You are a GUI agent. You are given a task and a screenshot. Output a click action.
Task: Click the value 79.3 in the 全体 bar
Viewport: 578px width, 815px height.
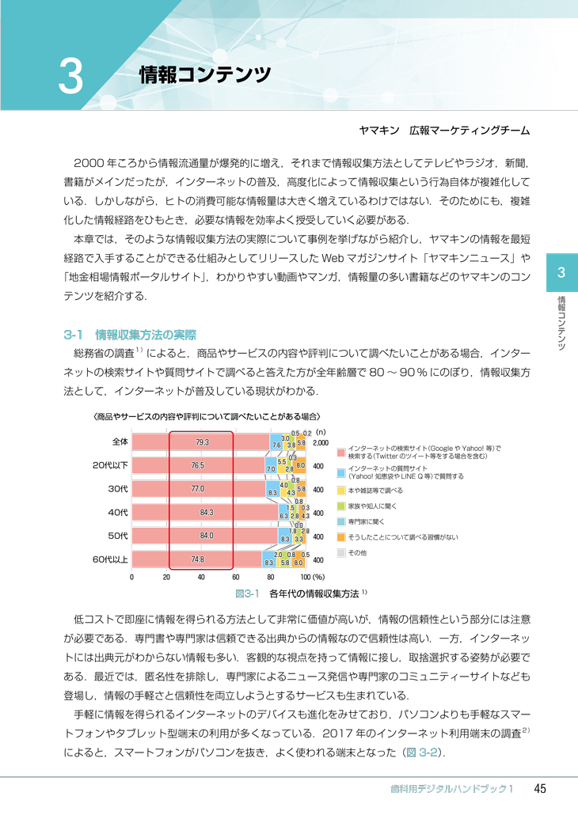click(x=200, y=442)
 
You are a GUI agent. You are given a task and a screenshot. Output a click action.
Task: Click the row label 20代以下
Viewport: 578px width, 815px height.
click(x=110, y=465)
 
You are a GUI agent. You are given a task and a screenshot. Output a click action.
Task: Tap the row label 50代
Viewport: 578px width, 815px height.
click(x=118, y=536)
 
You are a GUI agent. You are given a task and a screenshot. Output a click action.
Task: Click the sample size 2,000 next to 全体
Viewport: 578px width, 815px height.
click(x=321, y=443)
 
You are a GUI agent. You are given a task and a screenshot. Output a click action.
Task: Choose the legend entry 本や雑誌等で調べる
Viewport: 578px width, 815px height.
click(x=381, y=491)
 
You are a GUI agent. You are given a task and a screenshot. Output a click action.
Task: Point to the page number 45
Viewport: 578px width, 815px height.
click(x=541, y=788)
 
